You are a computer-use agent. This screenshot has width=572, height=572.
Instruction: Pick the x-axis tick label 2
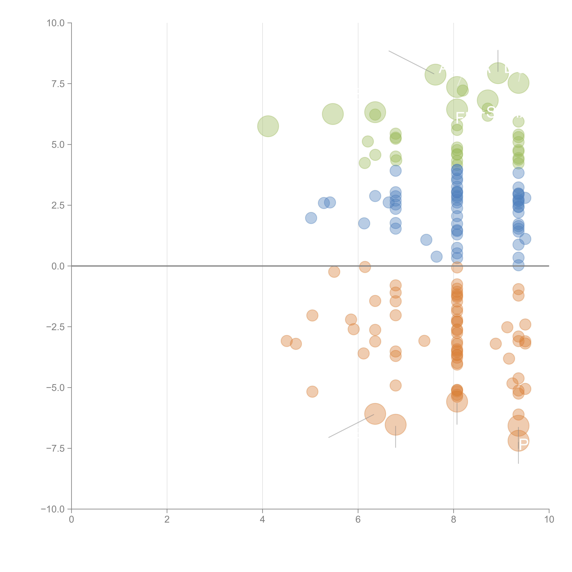point(167,520)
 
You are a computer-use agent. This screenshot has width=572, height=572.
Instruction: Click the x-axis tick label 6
point(358,520)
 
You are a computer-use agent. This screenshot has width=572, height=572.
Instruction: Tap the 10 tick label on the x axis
point(549,520)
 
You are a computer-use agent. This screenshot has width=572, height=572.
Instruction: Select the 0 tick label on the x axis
point(71,520)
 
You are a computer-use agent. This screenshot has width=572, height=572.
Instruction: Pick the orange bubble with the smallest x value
point(286,341)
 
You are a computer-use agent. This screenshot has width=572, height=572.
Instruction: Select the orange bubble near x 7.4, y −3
point(424,341)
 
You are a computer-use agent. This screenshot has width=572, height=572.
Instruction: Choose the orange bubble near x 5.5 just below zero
point(334,271)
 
